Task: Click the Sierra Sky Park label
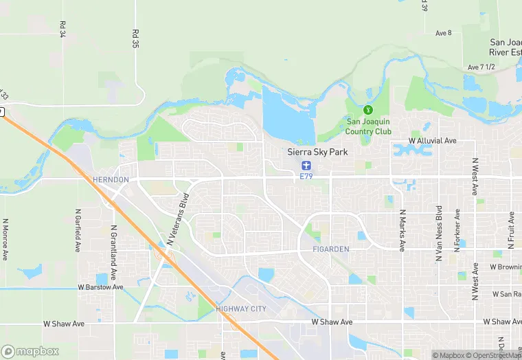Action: [317, 153]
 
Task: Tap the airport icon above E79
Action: [306, 166]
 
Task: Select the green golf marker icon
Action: [367, 109]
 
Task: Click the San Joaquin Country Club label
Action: [368, 126]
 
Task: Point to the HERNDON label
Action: [111, 179]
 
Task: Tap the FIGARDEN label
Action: [331, 248]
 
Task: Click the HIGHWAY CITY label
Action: [240, 309]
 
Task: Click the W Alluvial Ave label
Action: [433, 141]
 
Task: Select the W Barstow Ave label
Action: [100, 287]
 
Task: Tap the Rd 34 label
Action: [63, 28]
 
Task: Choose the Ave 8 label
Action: [444, 33]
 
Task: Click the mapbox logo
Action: [30, 351]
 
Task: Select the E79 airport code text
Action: [306, 177]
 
